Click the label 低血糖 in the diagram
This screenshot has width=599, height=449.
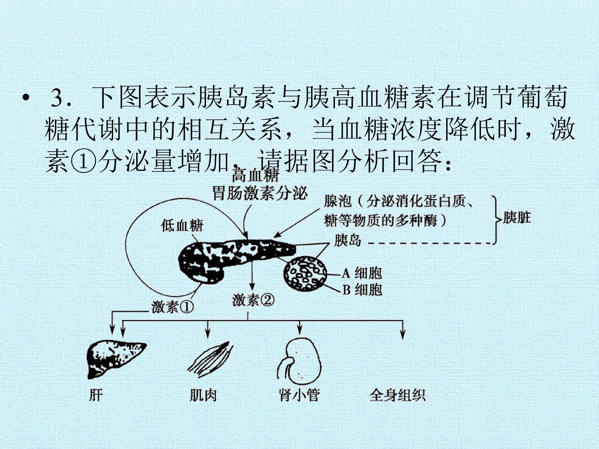point(182,226)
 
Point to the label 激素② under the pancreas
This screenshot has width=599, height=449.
point(253,300)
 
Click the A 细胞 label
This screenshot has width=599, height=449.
point(362,273)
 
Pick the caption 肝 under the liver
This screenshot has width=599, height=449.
point(96,395)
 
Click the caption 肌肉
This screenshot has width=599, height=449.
point(203,395)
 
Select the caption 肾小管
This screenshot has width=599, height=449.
point(299,395)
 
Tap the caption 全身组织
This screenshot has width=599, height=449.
point(397,395)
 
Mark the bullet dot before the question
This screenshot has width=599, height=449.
point(26,99)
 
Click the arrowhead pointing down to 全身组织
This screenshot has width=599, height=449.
point(403,335)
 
